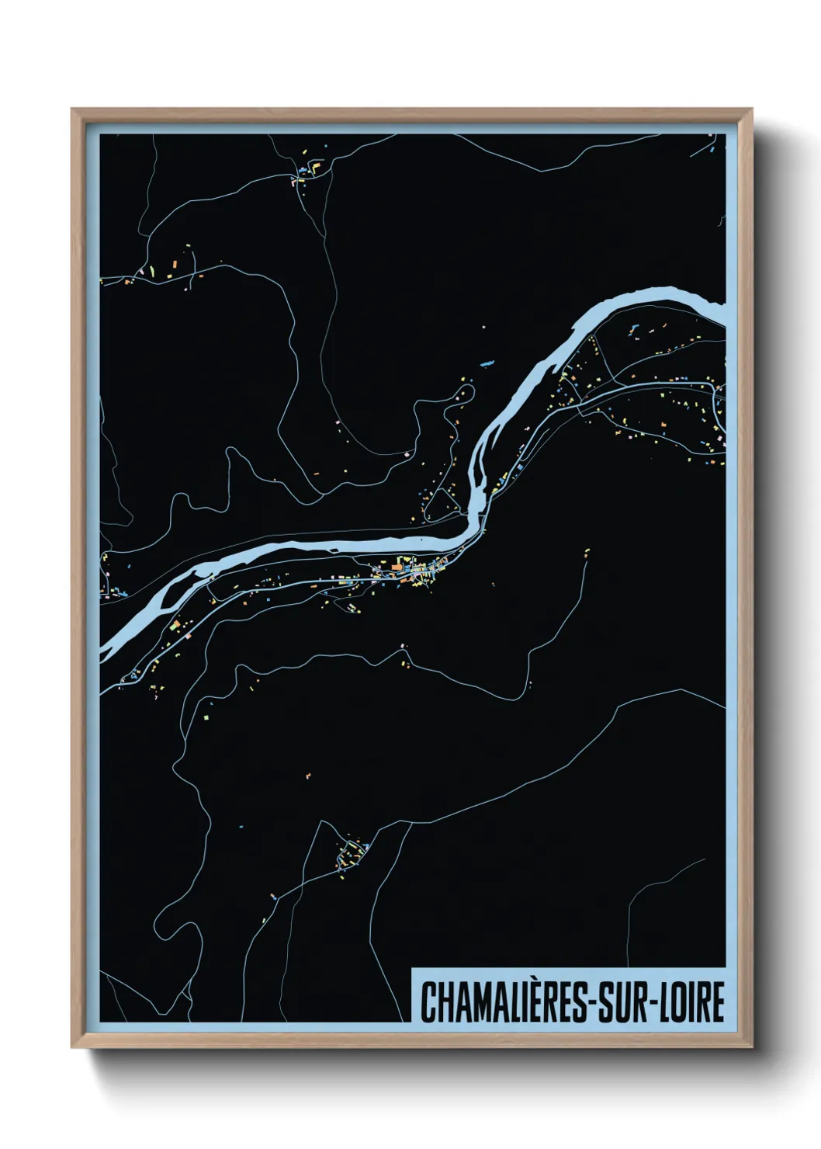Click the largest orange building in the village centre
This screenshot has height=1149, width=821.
coord(397,568)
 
